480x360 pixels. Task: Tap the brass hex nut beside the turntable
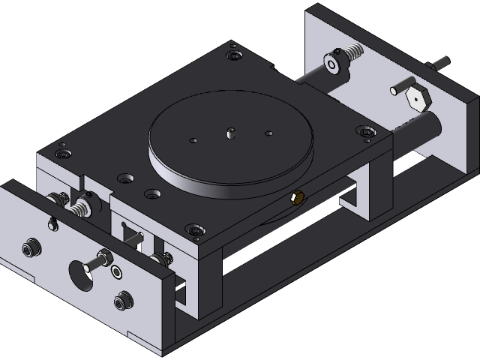[x=296, y=198]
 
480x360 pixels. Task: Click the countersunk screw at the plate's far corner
[x=236, y=55]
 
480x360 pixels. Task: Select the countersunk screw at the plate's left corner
[x=62, y=153]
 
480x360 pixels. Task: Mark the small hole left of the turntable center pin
[x=194, y=139]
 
